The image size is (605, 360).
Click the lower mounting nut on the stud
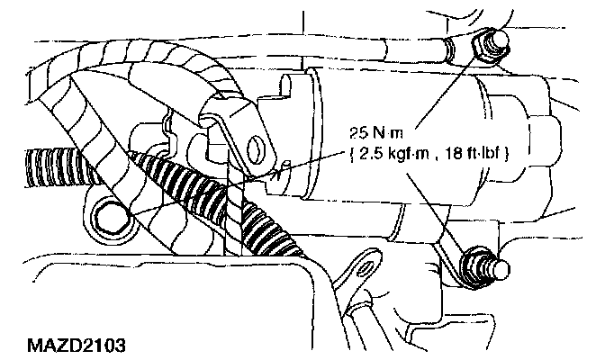[474, 267]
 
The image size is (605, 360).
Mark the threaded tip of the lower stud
[501, 267]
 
